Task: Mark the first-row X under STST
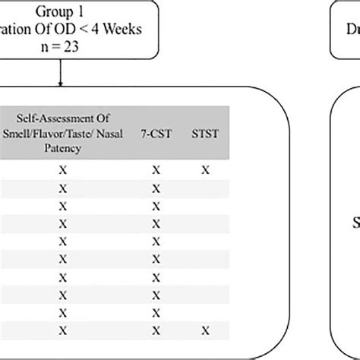coord(205,171)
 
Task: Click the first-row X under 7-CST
coord(156,171)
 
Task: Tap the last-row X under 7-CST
coord(156,330)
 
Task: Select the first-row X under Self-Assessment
coord(63,171)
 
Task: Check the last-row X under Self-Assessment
coord(63,330)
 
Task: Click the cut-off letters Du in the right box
coord(350,30)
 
